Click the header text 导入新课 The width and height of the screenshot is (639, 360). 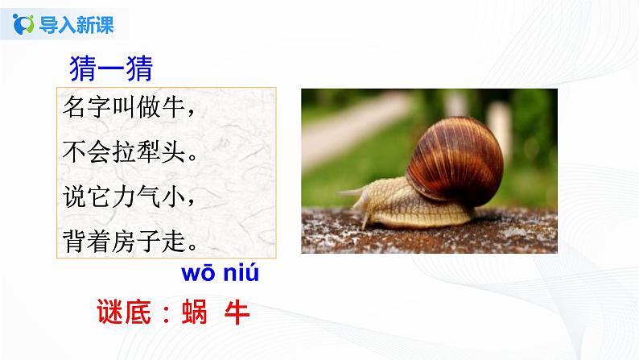coord(77,25)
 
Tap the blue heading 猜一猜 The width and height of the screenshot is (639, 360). coord(111,66)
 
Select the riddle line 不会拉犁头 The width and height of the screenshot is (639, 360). coord(126,152)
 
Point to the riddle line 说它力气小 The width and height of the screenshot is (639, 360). coord(126,197)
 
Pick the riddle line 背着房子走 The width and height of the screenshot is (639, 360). coord(126,240)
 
